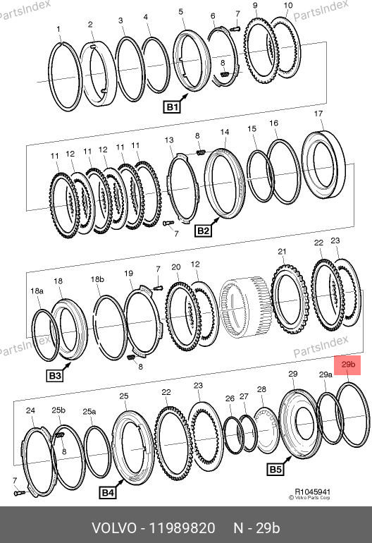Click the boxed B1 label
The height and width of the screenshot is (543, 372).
click(172, 106)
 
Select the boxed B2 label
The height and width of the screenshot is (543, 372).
click(203, 231)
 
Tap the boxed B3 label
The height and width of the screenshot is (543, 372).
click(55, 375)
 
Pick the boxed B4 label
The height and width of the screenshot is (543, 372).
click(107, 492)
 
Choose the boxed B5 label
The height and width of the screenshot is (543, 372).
click(275, 469)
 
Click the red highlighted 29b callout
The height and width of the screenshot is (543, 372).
click(347, 365)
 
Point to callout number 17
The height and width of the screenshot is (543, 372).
click(318, 114)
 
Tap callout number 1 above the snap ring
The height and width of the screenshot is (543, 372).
click(58, 30)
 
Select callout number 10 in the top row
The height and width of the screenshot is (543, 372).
click(288, 6)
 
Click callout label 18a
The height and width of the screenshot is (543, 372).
click(37, 291)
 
